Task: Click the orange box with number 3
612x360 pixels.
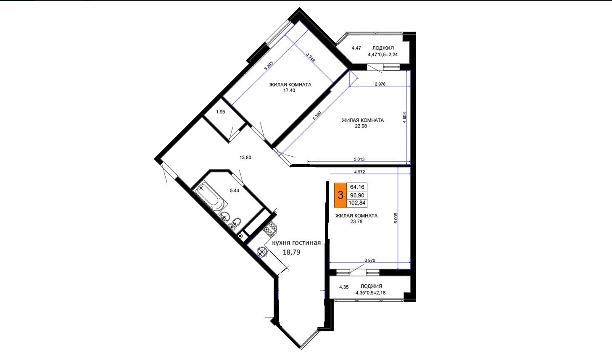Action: click(340, 195)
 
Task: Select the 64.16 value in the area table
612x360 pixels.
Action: click(357, 187)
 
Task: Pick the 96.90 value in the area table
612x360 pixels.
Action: click(357, 195)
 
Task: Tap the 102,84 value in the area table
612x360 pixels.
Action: click(357, 203)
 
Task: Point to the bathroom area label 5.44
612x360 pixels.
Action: click(235, 191)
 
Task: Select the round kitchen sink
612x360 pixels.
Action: click(261, 252)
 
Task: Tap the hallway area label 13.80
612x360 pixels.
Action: click(245, 158)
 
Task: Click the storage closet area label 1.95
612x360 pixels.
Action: click(221, 112)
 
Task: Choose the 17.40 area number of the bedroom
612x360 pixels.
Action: click(289, 90)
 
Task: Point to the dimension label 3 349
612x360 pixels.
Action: click(311, 58)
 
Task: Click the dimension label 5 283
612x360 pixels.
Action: click(269, 66)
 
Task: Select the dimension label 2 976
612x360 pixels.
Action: click(380, 84)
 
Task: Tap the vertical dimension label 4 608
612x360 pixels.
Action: click(404, 118)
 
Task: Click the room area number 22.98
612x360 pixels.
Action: click(361, 126)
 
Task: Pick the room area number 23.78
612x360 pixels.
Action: click(356, 221)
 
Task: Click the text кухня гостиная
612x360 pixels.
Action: click(296, 243)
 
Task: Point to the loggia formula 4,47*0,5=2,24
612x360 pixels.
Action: click(383, 54)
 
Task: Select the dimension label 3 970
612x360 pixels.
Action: click(370, 260)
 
